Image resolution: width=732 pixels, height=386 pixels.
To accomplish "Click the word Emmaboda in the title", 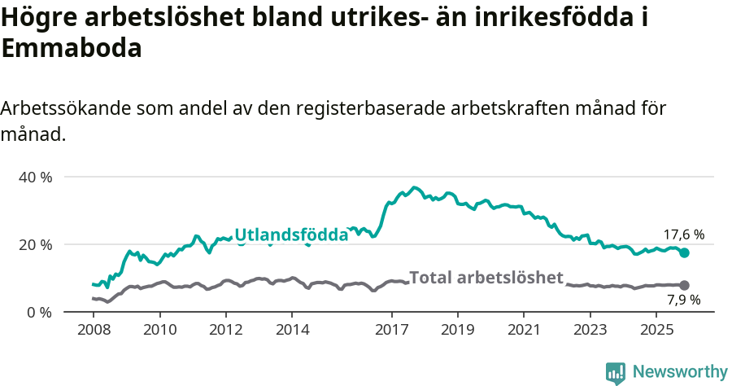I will [x=72, y=48].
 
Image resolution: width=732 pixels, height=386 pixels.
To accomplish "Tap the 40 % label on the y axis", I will [x=35, y=177].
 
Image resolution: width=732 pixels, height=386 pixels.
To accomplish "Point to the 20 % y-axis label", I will [x=35, y=244].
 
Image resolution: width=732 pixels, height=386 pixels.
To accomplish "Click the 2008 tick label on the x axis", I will [x=94, y=331].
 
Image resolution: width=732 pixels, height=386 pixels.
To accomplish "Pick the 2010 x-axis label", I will [x=160, y=331].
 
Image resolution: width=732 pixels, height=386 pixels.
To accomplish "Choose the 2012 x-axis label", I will [x=226, y=331].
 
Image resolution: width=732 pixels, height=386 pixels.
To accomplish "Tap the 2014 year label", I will [x=293, y=331].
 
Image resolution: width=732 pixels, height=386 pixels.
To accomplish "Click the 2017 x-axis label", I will [x=392, y=331].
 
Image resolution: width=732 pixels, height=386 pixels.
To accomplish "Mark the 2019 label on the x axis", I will [x=458, y=331].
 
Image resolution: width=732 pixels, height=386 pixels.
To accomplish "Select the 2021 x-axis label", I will [x=525, y=331].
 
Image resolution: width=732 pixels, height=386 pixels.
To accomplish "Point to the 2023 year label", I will [x=590, y=331].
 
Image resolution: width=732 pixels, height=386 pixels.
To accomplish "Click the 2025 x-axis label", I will [x=657, y=331].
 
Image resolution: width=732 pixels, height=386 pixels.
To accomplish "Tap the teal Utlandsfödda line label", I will [x=291, y=235].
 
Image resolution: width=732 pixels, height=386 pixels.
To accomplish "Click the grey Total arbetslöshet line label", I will [x=486, y=278].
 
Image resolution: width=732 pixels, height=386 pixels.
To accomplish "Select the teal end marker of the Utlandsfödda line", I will [x=684, y=252].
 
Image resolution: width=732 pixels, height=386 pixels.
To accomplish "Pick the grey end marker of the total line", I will [x=684, y=285].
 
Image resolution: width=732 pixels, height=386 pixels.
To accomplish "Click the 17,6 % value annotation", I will [x=682, y=235].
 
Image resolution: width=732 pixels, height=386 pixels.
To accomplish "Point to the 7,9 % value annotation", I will [x=682, y=300].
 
